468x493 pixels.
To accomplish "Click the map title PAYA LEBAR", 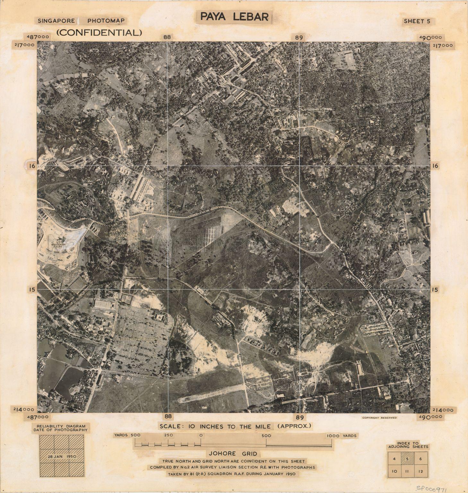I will (x=234, y=16).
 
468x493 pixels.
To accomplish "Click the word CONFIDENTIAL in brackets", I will (x=99, y=32).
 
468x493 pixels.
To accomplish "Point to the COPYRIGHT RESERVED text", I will (x=379, y=418).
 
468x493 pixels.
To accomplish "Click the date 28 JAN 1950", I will (x=62, y=456).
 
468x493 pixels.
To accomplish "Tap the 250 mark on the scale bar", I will (x=169, y=436).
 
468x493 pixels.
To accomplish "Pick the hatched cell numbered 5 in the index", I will (x=407, y=459).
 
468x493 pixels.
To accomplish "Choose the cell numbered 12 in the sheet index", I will (x=420, y=471).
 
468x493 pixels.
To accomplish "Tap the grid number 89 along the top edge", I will (x=299, y=37).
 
